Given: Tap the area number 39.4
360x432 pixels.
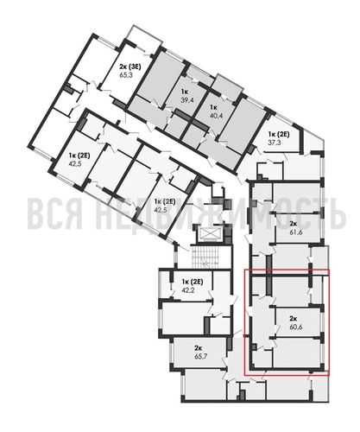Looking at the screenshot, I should point(185,100).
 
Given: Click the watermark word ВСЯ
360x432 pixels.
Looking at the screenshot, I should point(60,213).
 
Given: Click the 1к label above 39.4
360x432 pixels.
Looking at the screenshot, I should point(184,92).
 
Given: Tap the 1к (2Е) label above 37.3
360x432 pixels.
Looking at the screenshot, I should point(278,135).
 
